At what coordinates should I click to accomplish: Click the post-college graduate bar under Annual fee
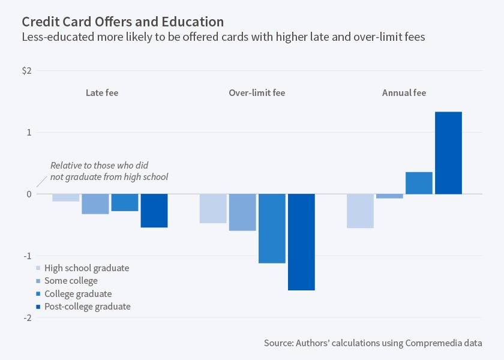pos(448,153)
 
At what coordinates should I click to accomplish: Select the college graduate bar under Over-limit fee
pos(272,229)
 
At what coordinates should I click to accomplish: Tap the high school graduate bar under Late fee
pos(66,197)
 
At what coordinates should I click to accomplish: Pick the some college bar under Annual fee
pos(389,196)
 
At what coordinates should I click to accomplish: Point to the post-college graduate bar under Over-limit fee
pos(301,242)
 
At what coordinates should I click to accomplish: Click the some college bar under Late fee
pos(95,204)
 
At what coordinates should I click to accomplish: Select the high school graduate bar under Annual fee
pos(360,211)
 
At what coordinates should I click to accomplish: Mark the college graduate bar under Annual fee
pos(419,183)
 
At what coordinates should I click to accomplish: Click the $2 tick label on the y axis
pos(26,71)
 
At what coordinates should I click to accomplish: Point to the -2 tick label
pos(27,317)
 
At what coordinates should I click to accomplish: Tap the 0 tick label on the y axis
pos(28,194)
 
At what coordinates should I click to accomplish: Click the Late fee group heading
pos(102,93)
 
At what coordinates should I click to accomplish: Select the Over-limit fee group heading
pos(257,93)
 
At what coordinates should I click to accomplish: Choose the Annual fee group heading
pos(404,93)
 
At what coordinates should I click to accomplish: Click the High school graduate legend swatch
pos(39,268)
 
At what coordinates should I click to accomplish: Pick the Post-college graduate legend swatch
pos(39,307)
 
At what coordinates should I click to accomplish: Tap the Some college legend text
pos(71,281)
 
